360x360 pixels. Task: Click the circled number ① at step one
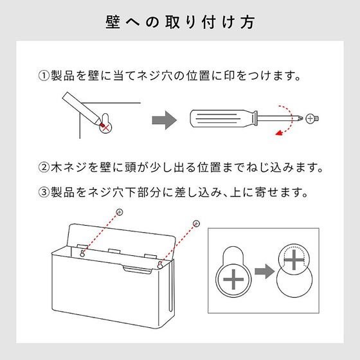coord(44,76)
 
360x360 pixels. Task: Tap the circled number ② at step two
coord(44,167)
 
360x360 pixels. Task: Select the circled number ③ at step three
coord(44,192)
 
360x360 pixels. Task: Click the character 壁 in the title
coord(113,22)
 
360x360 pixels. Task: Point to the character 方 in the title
coord(248,22)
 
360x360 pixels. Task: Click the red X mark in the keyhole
coord(105,128)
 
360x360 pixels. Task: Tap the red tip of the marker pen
coord(102,125)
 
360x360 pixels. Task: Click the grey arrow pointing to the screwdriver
coord(165,120)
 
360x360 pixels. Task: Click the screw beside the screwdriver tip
coord(312,119)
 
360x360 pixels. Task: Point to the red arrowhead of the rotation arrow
coord(279,132)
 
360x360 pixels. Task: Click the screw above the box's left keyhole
coord(120,212)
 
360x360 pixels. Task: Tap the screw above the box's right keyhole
coord(196,224)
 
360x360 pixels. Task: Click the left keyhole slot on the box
coord(82,253)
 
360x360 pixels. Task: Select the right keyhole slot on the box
coord(160,264)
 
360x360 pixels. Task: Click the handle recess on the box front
coord(137,270)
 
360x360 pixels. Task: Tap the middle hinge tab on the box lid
coord(114,251)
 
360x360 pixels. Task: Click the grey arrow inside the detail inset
coord(264,271)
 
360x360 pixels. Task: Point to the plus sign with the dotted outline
coord(294,260)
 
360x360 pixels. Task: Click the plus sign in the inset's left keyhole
coord(233,280)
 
